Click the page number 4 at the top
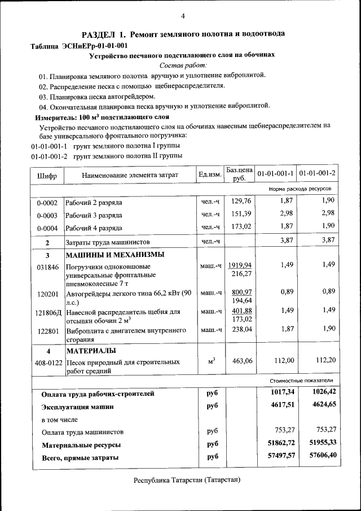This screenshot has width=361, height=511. [182, 15]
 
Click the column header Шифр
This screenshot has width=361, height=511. [47, 175]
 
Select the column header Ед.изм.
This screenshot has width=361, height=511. [210, 175]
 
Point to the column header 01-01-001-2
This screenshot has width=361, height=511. [317, 172]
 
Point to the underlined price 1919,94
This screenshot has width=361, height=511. [240, 265]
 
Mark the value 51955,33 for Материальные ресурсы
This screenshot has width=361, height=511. [318, 442]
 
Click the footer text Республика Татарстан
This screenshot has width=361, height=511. [187, 480]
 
